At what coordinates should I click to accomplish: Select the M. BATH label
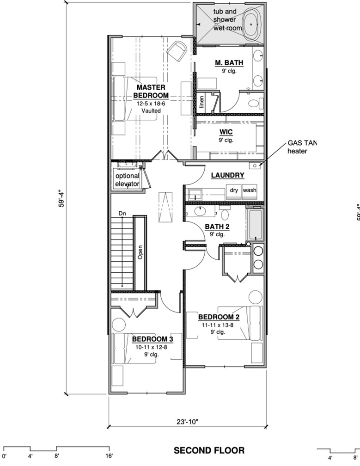coord(229,63)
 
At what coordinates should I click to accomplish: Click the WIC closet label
coord(226,131)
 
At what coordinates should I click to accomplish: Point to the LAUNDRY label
coord(227,175)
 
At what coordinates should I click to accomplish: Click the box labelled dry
coord(234,190)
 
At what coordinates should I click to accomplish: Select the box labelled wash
coord(250,190)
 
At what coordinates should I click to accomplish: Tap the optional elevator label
coord(127,180)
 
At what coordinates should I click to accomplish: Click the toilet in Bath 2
coord(226,215)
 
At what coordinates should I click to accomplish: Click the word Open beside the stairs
coord(140,252)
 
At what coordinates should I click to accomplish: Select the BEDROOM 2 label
coord(219,317)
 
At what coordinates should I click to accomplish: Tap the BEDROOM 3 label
coord(153,339)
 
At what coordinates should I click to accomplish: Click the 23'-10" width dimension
coord(187,421)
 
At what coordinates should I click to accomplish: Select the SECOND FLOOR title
coord(209,450)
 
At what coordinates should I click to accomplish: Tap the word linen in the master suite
coord(201,102)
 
